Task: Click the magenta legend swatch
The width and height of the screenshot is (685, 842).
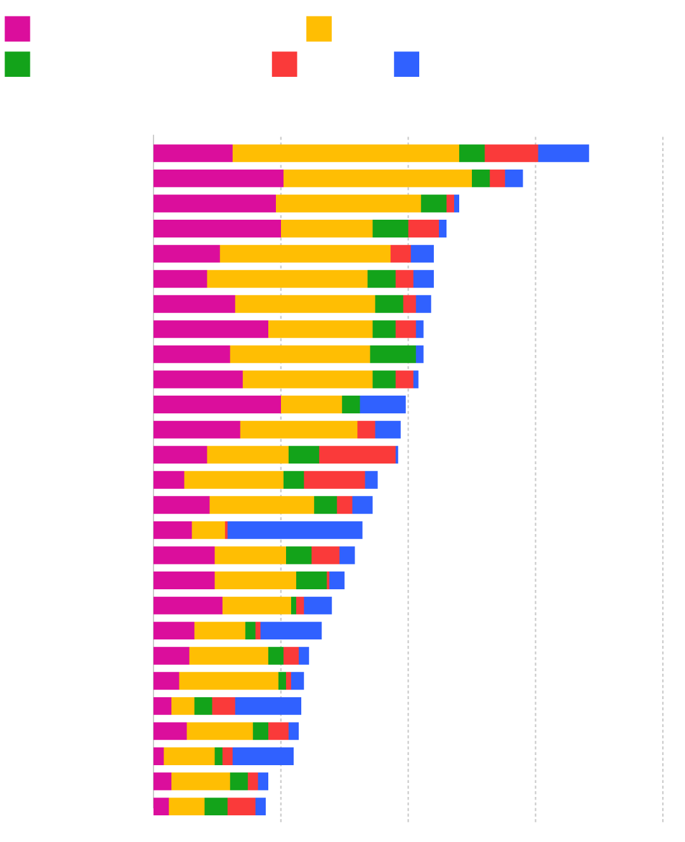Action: click(17, 29)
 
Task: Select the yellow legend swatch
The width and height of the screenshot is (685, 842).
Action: click(318, 29)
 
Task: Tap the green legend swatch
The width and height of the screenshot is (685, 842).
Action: click(17, 64)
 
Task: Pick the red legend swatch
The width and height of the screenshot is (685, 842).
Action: click(284, 64)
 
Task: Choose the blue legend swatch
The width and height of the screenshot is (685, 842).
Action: click(407, 64)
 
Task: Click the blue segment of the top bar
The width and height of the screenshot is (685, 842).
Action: click(563, 154)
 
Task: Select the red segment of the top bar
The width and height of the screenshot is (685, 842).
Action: click(511, 154)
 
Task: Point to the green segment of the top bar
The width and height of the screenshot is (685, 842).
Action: click(472, 154)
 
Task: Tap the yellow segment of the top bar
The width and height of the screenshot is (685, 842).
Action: click(346, 154)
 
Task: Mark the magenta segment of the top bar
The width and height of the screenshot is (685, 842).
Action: click(193, 154)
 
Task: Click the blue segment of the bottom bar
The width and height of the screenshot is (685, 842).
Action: click(261, 806)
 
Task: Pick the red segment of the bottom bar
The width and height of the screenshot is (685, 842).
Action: click(242, 806)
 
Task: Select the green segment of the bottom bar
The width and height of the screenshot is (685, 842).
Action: click(216, 806)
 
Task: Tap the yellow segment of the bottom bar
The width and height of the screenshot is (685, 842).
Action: click(186, 806)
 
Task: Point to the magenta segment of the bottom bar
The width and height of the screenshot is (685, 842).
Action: click(161, 806)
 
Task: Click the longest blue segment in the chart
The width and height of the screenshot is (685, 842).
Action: click(295, 530)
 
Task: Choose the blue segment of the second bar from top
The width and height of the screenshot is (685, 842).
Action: click(514, 178)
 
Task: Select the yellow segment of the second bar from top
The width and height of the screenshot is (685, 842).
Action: click(377, 178)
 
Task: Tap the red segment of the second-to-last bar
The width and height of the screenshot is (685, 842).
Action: click(253, 782)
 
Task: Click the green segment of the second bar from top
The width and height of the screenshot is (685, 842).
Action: click(481, 178)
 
